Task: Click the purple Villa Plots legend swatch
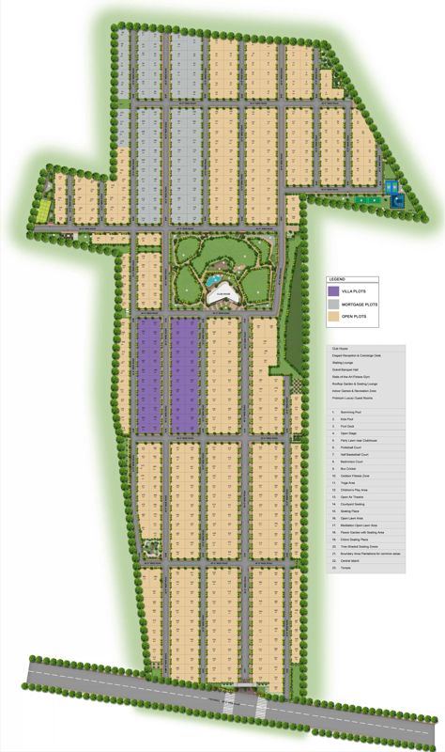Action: pyautogui.click(x=333, y=291)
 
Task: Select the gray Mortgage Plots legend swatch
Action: pyautogui.click(x=333, y=305)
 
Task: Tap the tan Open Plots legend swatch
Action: pyautogui.click(x=333, y=318)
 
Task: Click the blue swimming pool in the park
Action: pyautogui.click(x=214, y=280)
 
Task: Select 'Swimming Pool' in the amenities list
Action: pyautogui.click(x=351, y=412)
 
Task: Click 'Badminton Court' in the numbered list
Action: pyautogui.click(x=353, y=462)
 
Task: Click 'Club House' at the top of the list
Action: pyautogui.click(x=339, y=349)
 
